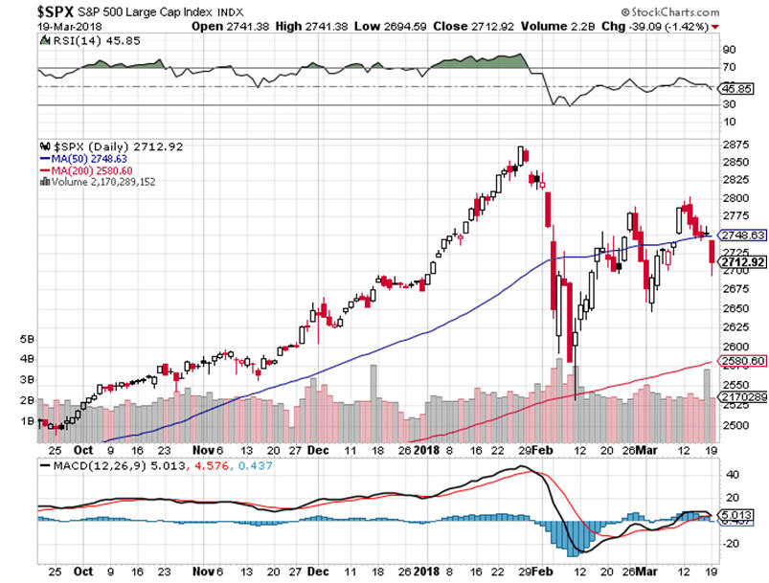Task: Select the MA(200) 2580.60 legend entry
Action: coord(83,169)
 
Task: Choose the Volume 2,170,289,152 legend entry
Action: coord(97,181)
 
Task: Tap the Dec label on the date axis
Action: coord(320,448)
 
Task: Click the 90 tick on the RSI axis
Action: coord(729,49)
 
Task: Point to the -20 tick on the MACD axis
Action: coord(732,542)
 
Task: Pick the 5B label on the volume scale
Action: coord(29,339)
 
